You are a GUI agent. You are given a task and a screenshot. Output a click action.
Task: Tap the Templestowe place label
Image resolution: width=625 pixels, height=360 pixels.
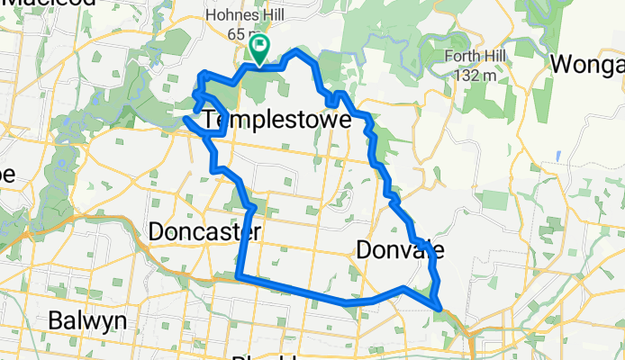click(x=276, y=119)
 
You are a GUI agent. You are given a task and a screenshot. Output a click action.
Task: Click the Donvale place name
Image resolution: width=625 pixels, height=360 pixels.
click(x=397, y=249)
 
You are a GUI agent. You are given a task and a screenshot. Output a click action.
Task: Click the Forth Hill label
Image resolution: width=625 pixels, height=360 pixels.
click(x=477, y=57)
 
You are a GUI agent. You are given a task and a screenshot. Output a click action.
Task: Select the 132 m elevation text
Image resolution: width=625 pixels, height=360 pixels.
click(x=477, y=76)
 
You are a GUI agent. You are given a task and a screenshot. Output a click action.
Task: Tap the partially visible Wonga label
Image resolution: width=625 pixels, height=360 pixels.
click(x=587, y=65)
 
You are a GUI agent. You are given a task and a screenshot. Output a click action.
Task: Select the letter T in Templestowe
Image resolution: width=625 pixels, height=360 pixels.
click(x=212, y=119)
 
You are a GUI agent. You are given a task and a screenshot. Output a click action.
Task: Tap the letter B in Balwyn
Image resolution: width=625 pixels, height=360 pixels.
click(x=55, y=320)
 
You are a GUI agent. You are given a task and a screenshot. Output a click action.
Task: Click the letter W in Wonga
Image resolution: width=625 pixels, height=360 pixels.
click(x=561, y=65)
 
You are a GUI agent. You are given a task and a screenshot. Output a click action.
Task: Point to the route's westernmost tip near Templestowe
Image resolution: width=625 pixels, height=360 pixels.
click(x=186, y=118)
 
